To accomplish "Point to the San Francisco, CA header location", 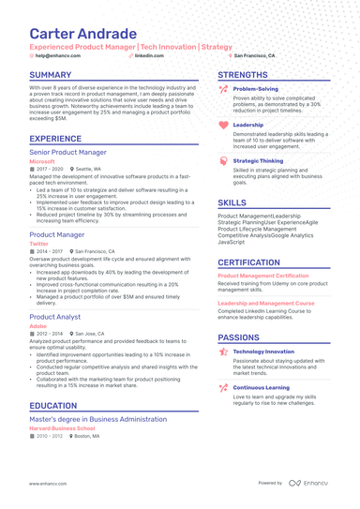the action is pos(254,56).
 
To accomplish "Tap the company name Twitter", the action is pos(38,243).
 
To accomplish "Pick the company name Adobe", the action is pos(37,326).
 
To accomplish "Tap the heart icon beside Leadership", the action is pos(222,125).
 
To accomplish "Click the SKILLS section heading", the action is pos(232,202).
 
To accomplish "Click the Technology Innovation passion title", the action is pos(263,352).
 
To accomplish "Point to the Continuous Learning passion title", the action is pos(262,387).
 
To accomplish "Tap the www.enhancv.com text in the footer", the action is pos(48,483).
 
